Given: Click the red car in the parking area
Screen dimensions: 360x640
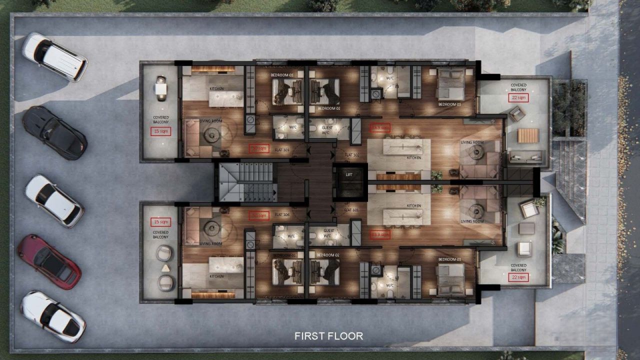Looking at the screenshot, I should [x=49, y=261].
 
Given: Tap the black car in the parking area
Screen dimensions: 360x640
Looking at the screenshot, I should [x=54, y=132].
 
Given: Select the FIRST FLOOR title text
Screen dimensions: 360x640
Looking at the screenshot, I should [x=328, y=336].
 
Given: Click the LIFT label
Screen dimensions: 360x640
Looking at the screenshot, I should [x=349, y=174].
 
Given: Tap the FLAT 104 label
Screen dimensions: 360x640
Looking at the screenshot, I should [x=282, y=214].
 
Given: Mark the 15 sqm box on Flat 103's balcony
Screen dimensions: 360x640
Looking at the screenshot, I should [x=161, y=131].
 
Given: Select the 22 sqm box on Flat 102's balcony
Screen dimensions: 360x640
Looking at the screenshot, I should [x=518, y=97].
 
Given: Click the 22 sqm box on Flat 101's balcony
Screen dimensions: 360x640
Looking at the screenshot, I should [x=518, y=277].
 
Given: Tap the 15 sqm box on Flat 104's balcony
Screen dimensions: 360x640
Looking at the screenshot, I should [x=161, y=221].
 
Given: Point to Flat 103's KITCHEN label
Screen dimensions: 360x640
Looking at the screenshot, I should [x=216, y=89].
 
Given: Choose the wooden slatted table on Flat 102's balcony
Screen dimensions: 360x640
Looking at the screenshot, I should [x=528, y=135].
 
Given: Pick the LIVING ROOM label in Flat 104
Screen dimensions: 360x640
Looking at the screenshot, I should [x=210, y=244].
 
